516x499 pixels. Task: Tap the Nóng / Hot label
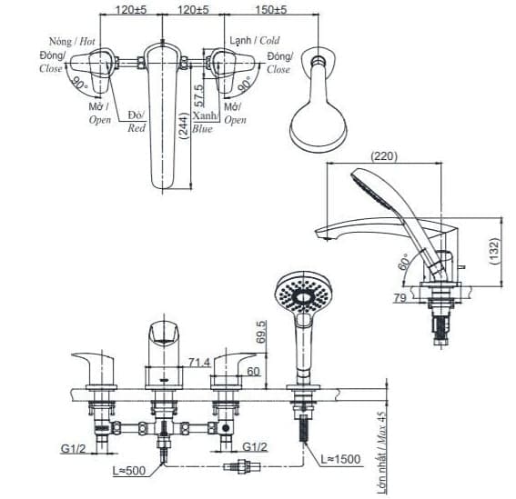click(73, 41)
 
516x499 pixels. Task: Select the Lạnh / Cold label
click(255, 40)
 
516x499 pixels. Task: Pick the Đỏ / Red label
click(136, 120)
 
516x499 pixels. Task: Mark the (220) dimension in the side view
click(386, 155)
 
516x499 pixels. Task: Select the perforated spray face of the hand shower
click(299, 294)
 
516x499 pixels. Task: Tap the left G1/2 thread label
click(74, 448)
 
